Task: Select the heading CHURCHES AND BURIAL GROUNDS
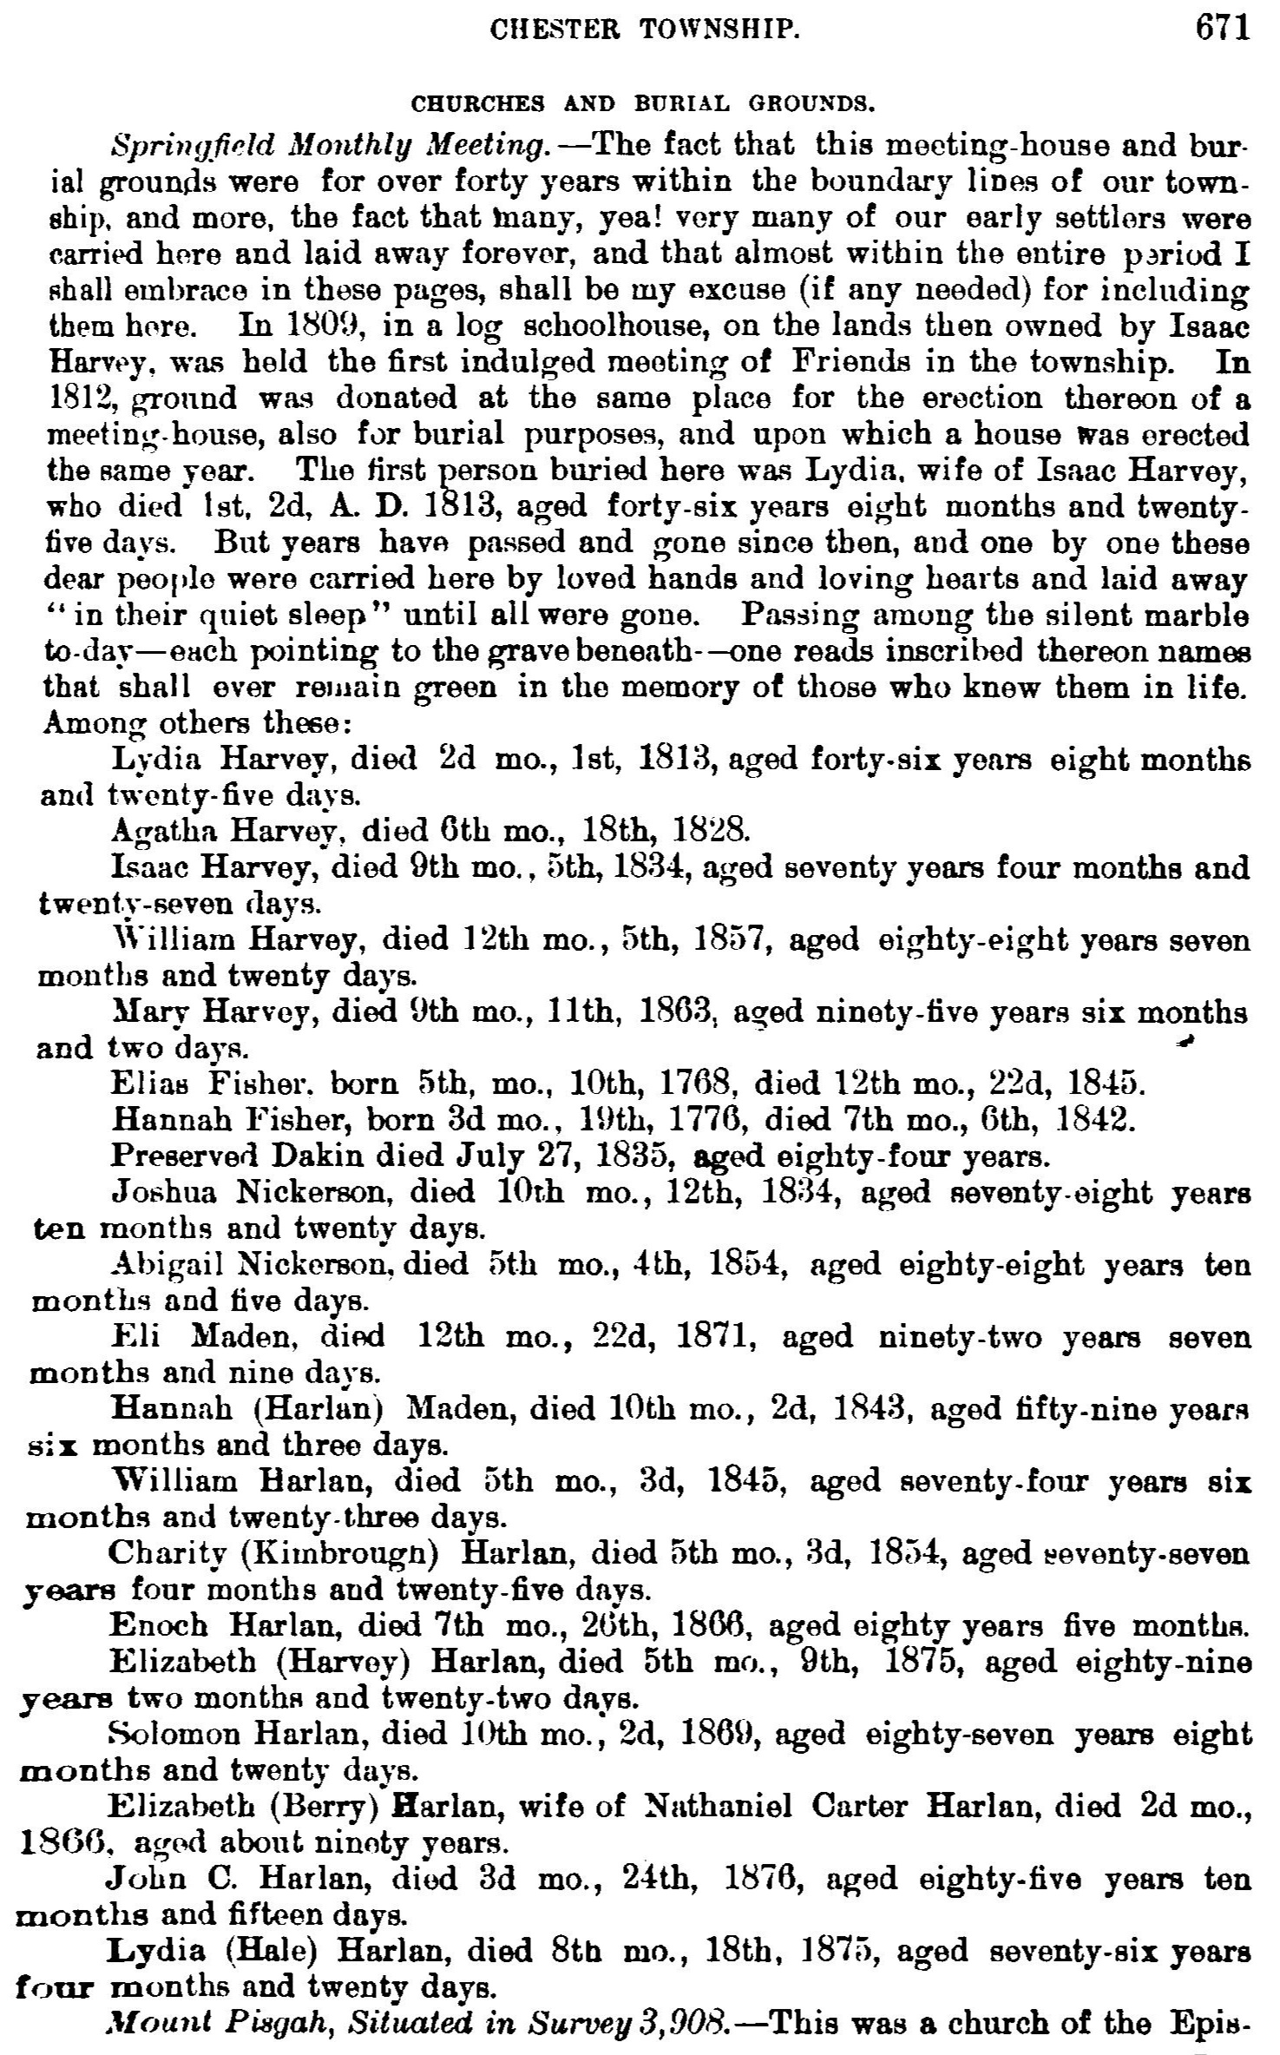641,105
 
